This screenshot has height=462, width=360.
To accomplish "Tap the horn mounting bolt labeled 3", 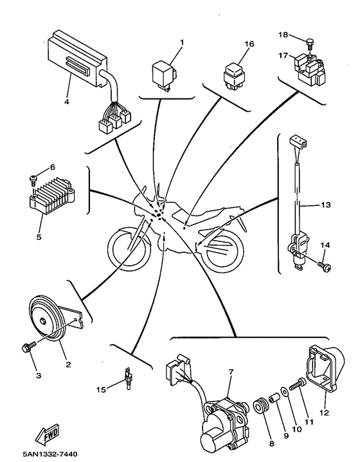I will click(x=28, y=347).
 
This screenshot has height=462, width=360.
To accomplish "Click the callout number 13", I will click(x=325, y=205).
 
